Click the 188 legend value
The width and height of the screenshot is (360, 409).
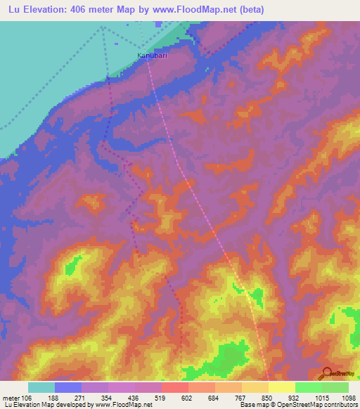(54, 397)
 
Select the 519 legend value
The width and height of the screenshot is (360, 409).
(148, 397)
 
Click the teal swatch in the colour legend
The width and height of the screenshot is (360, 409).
(41, 387)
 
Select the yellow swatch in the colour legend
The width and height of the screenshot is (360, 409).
(281, 387)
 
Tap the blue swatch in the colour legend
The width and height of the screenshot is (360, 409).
(67, 387)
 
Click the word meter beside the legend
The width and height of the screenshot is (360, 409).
(13, 397)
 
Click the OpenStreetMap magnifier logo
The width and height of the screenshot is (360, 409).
(326, 372)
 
